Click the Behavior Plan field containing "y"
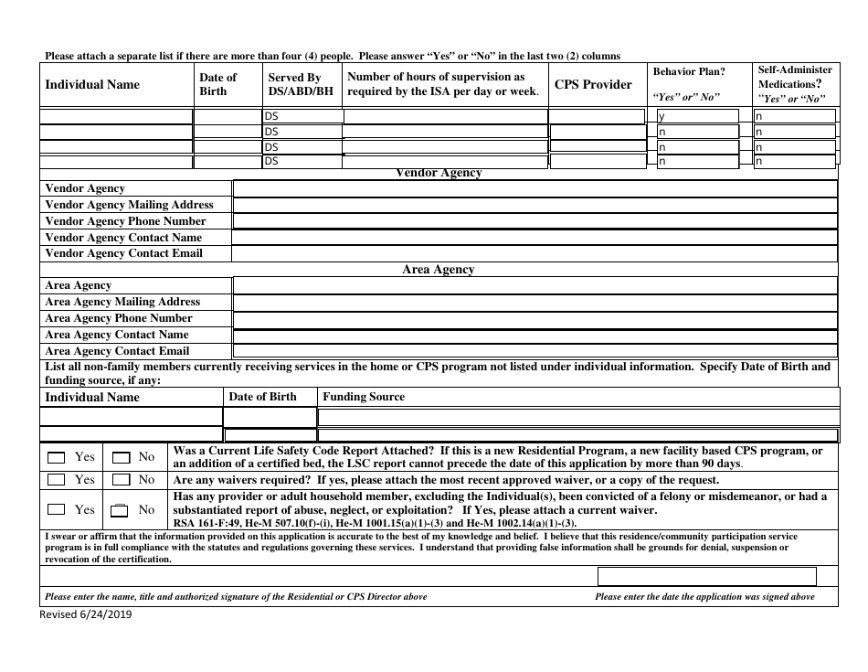698,116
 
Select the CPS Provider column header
594,85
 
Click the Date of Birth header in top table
217,85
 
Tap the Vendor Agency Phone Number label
125,221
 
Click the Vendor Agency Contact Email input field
535,253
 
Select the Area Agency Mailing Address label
122,302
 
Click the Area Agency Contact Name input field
535,335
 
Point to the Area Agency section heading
439,270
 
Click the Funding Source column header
364,397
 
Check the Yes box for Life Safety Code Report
57,457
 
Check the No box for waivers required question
121,480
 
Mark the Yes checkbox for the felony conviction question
57,510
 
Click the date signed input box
706,576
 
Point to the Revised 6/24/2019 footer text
87,614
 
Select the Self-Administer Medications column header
795,84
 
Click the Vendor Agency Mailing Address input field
535,205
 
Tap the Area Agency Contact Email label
117,351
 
